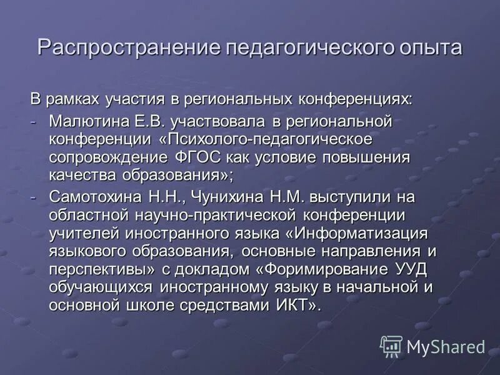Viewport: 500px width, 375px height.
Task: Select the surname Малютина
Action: point(85,119)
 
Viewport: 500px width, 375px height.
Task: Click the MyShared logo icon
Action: point(391,346)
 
